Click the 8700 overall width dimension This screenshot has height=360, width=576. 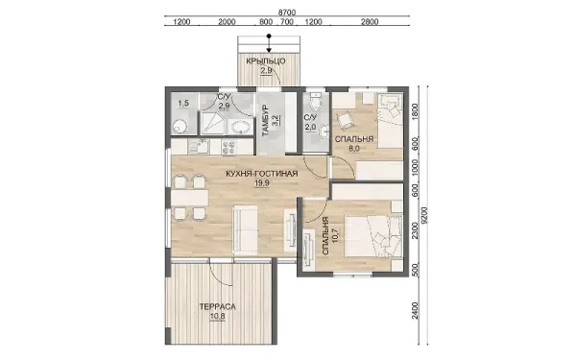286,12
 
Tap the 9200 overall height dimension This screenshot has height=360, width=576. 425,215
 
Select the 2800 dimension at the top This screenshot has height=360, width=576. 370,22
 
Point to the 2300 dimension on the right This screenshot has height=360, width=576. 415,231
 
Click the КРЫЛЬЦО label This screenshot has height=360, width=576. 266,61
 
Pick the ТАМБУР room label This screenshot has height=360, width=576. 266,121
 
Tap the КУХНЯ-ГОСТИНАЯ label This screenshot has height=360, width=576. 262,174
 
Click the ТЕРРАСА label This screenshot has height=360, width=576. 218,306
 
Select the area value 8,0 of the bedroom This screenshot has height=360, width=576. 354,149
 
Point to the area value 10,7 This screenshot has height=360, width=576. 335,235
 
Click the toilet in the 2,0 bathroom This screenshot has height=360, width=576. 316,102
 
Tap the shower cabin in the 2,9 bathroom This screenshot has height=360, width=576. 212,123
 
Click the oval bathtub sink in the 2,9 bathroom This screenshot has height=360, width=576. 241,128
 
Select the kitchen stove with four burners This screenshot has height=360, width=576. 229,147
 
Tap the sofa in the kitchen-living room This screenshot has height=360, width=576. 245,230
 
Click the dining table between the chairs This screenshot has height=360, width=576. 190,198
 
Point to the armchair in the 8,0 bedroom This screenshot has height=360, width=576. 346,121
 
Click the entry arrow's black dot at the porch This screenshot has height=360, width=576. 269,36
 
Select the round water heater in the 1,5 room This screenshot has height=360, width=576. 180,127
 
